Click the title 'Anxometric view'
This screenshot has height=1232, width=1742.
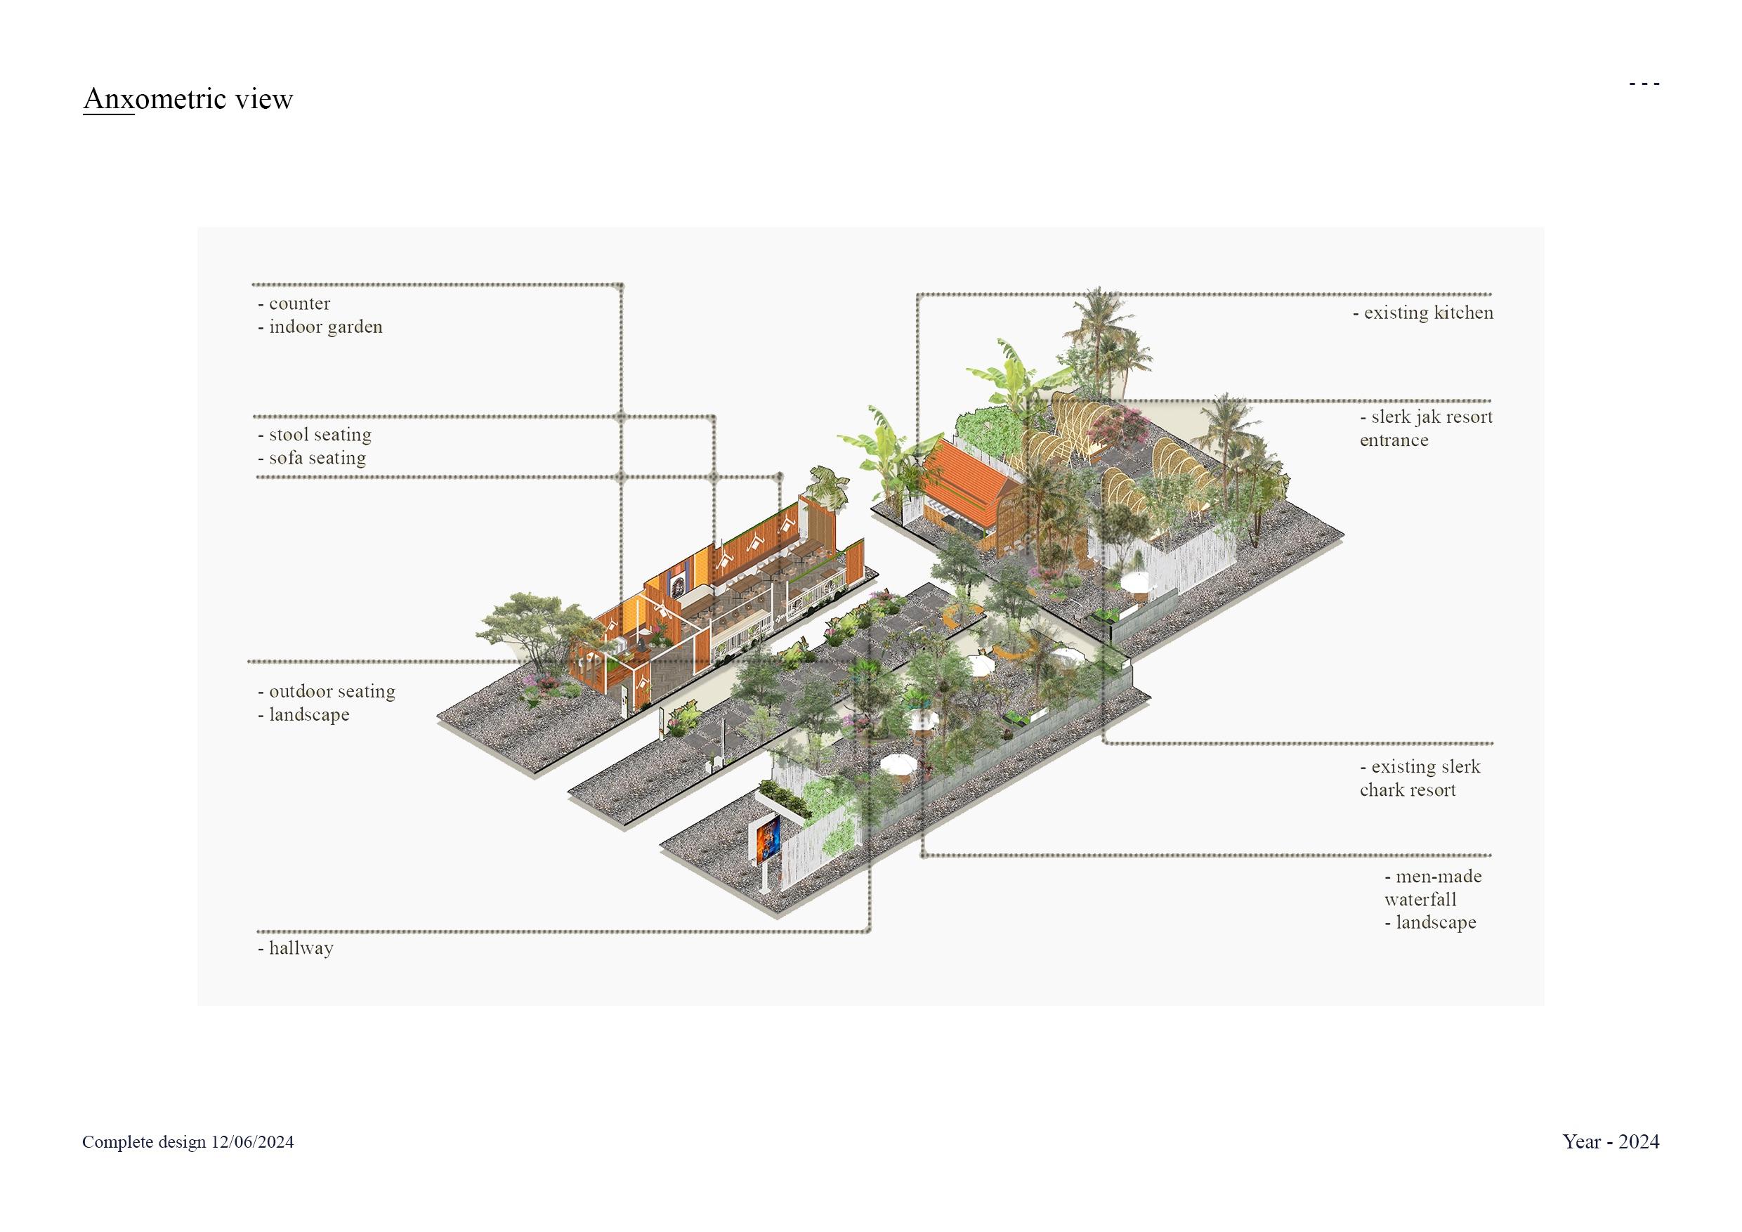[188, 98]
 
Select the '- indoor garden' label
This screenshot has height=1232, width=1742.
[320, 327]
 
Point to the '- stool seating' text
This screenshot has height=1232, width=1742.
[315, 435]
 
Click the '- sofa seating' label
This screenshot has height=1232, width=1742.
[312, 458]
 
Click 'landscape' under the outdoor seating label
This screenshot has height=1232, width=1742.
[308, 714]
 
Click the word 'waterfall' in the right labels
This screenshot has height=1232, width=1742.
[1420, 900]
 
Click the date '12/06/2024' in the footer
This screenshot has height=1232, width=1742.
[253, 1143]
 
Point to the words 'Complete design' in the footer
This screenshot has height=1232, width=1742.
[144, 1143]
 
